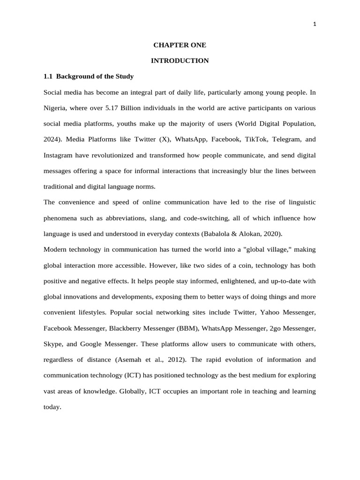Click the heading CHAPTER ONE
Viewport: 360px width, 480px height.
pyautogui.click(x=180, y=45)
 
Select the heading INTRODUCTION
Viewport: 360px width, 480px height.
pyautogui.click(x=180, y=60)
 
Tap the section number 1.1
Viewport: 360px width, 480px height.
pyautogui.click(x=49, y=76)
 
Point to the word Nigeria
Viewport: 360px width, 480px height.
pyautogui.click(x=55, y=108)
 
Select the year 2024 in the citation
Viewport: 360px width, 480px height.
pyautogui.click(x=52, y=139)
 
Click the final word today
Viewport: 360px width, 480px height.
pyautogui.click(x=52, y=407)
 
